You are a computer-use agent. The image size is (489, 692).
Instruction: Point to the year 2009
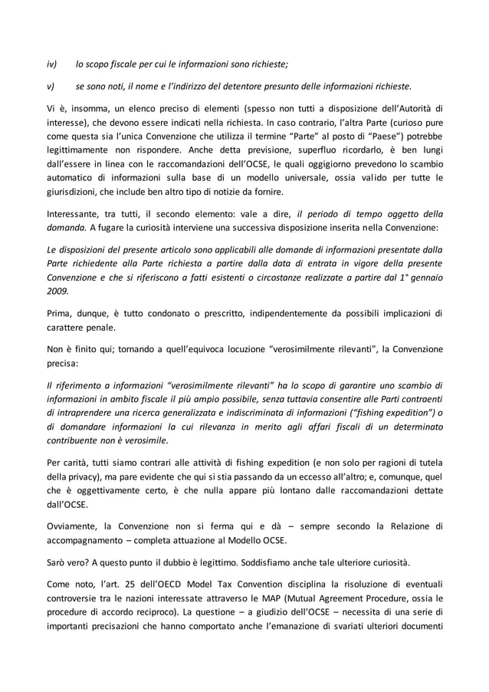pos(56,292)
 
